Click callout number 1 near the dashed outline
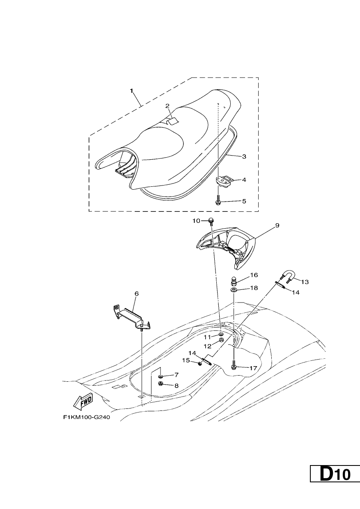[x=132, y=91]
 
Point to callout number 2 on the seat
[x=167, y=106]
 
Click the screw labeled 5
[x=218, y=200]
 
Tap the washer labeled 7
[x=161, y=375]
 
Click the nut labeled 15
[x=200, y=364]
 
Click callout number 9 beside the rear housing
[x=277, y=226]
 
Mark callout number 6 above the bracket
[x=136, y=293]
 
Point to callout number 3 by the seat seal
[x=244, y=156]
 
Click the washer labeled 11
[x=221, y=334]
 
